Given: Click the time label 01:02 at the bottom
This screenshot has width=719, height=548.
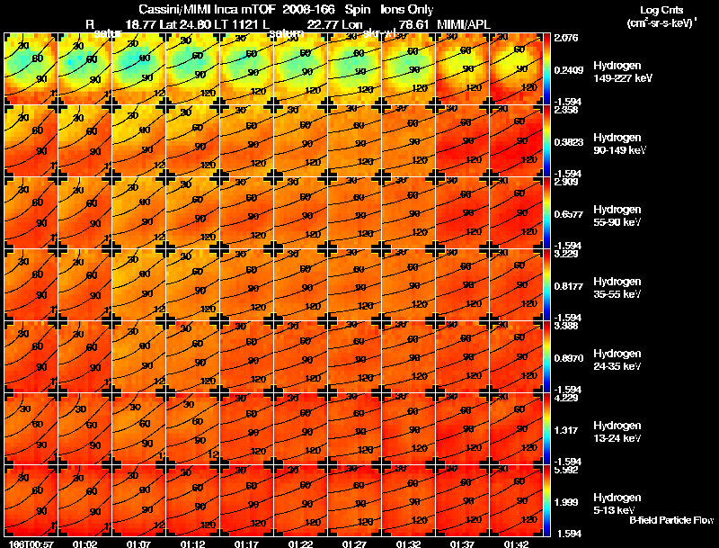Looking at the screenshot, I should click(85, 544).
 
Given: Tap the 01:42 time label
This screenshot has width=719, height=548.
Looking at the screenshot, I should click(517, 544).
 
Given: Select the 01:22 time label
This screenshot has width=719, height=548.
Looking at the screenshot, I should click(301, 544).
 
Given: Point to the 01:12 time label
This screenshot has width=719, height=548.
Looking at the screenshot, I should click(193, 544).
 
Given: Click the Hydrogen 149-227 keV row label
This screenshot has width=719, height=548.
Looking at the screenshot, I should click(619, 73).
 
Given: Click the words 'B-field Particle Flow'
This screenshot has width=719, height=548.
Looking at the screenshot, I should click(671, 520).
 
